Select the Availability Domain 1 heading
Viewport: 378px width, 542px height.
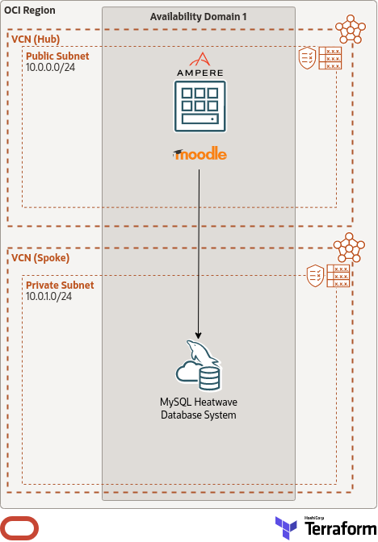[x=198, y=17]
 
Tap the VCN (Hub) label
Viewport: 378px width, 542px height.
[x=36, y=39]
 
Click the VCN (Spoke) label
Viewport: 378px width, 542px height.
[x=40, y=257]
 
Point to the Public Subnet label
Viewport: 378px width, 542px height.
[x=57, y=56]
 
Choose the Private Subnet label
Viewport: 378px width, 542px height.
[x=60, y=286]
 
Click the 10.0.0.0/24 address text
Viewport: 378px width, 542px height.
[x=50, y=68]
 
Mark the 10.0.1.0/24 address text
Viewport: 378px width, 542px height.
[x=49, y=297]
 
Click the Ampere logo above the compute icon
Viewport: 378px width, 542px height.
[x=199, y=65]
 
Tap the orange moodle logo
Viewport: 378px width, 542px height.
[x=199, y=154]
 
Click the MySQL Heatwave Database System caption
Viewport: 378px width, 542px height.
[x=199, y=408]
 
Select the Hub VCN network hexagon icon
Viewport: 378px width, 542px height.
[x=351, y=30]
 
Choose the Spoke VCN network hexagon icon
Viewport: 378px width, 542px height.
[x=351, y=248]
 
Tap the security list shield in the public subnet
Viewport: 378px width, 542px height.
[x=307, y=57]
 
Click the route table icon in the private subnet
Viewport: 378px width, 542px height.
[x=338, y=276]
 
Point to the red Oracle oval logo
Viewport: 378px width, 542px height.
[x=20, y=527]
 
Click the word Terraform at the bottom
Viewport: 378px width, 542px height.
[x=336, y=530]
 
